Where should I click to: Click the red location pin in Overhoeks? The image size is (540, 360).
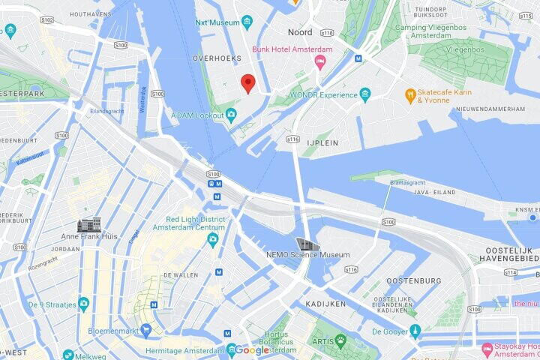pos(248,83)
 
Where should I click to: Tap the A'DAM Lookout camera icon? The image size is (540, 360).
pos(231,115)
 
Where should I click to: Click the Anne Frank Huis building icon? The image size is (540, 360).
pos(89,224)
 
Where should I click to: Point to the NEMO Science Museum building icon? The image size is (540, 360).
pos(307,244)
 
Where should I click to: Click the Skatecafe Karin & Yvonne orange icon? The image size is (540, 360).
pos(410,95)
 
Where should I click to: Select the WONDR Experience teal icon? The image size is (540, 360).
pos(365,94)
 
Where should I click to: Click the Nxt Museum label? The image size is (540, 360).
pos(217,22)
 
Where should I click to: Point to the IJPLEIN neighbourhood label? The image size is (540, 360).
pos(323,142)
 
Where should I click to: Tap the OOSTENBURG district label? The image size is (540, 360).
pos(413,280)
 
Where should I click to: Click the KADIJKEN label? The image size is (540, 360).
pos(325,304)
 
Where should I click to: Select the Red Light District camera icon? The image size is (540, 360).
pos(213,239)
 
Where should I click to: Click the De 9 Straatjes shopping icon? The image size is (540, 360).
pos(83,304)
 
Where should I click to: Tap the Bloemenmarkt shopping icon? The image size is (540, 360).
pos(146,329)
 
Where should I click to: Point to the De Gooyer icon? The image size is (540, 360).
pos(415,331)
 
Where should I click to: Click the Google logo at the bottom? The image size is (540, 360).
pos(252,350)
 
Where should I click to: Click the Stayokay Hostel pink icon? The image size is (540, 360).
pos(487,349)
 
